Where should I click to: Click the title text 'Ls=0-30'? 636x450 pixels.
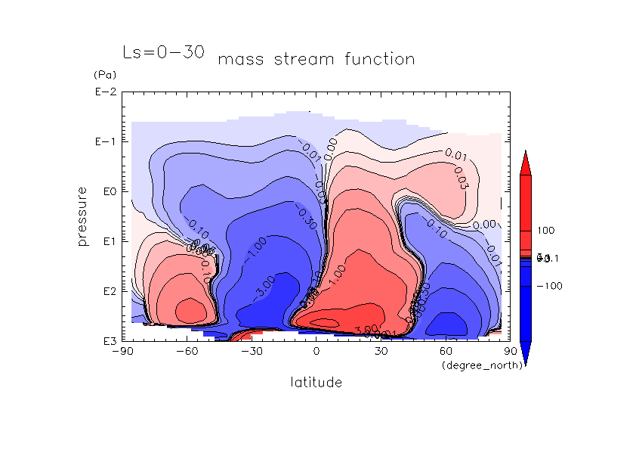pos(162,52)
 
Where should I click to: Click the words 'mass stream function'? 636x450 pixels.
pos(316,59)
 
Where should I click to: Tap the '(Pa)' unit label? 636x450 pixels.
pos(102,76)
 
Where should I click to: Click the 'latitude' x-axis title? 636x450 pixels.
pos(316,383)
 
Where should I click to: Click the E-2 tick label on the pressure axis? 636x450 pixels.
pos(104,92)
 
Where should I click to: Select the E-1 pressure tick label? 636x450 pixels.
pos(104,142)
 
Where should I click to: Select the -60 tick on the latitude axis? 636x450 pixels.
pos(186,352)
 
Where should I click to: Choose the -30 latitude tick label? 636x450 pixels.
pos(251,352)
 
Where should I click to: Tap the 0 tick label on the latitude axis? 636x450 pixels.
pos(316,352)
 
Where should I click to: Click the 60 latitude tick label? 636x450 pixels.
pos(446,352)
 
